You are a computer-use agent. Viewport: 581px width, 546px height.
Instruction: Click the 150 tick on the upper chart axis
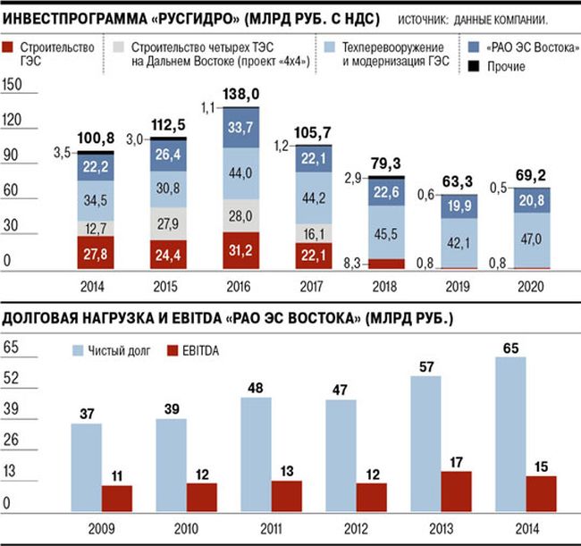tap(13, 84)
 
